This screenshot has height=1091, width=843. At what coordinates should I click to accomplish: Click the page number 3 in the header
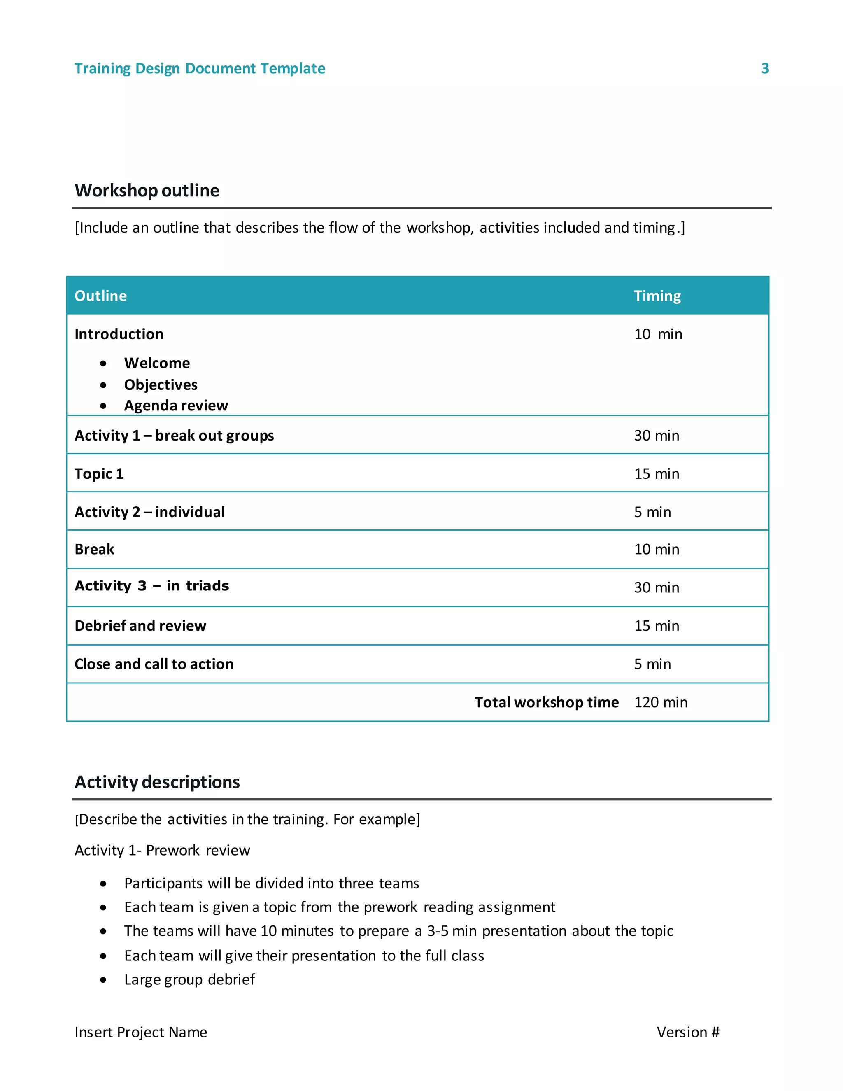point(765,68)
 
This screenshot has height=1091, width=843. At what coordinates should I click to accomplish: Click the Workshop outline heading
point(147,190)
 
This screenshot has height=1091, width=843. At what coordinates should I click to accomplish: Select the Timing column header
point(657,296)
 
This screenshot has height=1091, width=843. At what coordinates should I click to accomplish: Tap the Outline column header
point(100,296)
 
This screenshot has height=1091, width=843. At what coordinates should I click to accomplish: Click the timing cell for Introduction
point(658,334)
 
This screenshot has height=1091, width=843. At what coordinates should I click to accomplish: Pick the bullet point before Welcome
point(103,364)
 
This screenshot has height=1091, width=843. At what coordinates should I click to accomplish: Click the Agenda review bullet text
point(176,406)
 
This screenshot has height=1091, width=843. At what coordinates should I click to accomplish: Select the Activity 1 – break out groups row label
point(174,436)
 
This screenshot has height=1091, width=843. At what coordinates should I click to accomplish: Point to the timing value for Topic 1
point(656,473)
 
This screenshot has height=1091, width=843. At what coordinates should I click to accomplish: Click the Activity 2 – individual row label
point(150,512)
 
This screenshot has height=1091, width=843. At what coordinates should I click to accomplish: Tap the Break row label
point(94,550)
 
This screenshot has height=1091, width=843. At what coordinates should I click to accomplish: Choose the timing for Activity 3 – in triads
point(656,587)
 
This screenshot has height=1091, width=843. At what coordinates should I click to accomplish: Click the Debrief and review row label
point(140,626)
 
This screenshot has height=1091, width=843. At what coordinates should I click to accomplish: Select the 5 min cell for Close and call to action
point(652,664)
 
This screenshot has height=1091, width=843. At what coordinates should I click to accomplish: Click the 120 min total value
point(660,702)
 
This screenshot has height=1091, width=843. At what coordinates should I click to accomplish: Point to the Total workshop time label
point(546,702)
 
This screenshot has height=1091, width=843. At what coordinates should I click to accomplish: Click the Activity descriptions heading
point(157,782)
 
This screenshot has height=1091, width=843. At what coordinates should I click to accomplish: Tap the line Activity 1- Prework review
point(162,850)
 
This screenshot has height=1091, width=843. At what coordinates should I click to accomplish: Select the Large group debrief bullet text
point(189,979)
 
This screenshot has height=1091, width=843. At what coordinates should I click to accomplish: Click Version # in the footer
point(688,1033)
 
